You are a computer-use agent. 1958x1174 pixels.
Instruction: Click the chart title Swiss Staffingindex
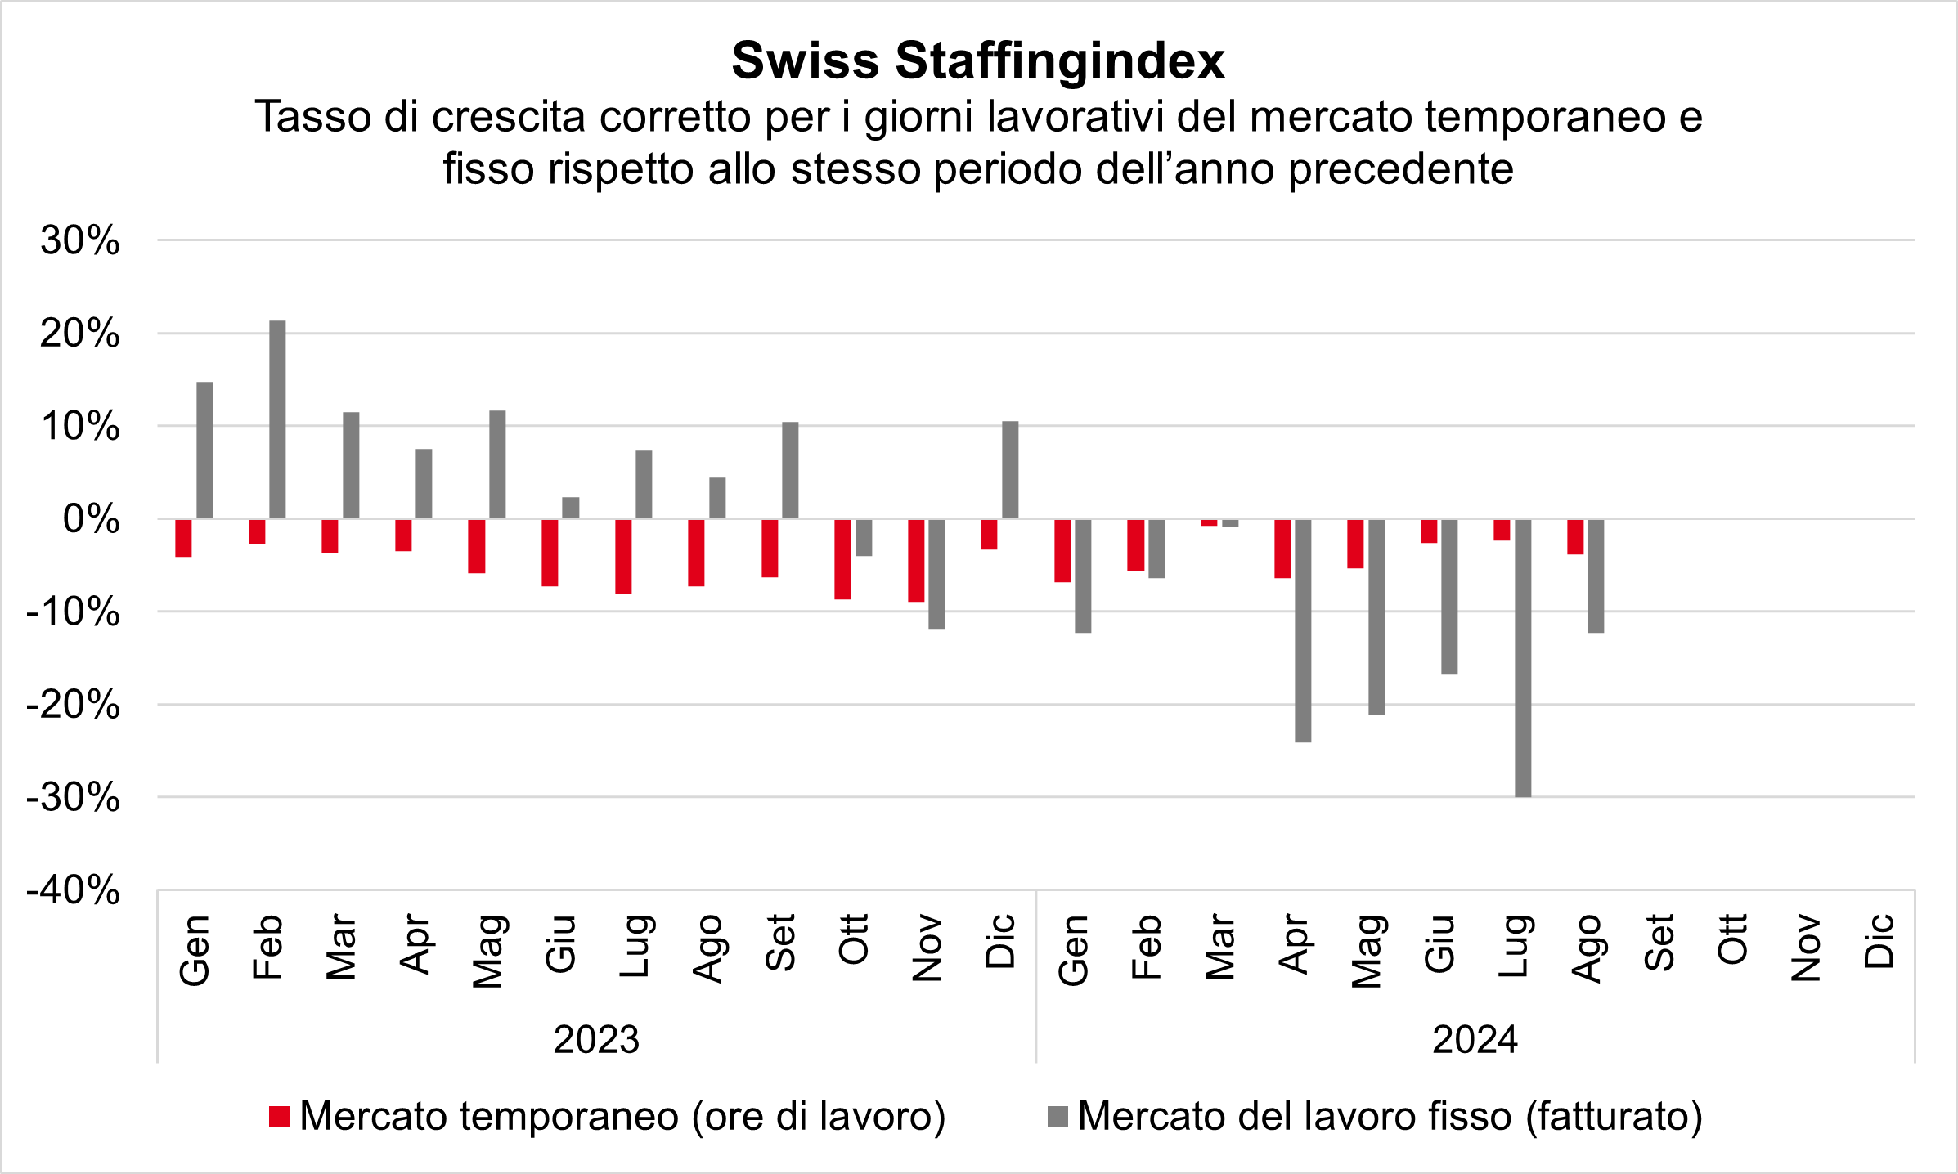pos(978,60)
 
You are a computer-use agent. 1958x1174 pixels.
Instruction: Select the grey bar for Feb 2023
pos(277,419)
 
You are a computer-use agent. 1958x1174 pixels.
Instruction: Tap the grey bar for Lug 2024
pos(1523,657)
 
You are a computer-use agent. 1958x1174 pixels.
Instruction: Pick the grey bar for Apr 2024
pos(1303,630)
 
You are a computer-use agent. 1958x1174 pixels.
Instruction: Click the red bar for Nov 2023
pos(916,560)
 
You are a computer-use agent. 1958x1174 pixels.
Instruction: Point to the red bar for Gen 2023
pos(183,538)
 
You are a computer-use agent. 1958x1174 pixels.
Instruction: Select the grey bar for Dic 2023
pos(1010,469)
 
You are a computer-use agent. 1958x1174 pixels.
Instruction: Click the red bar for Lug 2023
pos(623,556)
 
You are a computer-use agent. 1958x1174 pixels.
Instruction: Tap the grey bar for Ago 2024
pos(1596,576)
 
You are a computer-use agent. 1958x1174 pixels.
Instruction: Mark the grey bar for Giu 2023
pos(571,508)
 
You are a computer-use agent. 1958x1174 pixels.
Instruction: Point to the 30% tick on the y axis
pos(80,240)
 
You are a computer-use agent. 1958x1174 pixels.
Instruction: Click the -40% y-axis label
pos(74,889)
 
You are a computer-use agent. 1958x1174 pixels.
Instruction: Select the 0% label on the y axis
pos(91,519)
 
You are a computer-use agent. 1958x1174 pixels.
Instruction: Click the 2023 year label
pos(596,1040)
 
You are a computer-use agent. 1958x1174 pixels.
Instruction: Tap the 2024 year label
pos(1475,1040)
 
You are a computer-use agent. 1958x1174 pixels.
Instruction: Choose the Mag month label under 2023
pos(487,951)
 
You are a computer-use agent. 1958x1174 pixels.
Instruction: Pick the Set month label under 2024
pos(1659,943)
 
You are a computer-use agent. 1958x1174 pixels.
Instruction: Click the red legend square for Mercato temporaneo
pos(280,1117)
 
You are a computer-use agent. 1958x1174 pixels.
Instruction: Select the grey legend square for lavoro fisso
pos(1058,1117)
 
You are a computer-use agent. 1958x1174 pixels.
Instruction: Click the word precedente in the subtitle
pos(1401,169)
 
